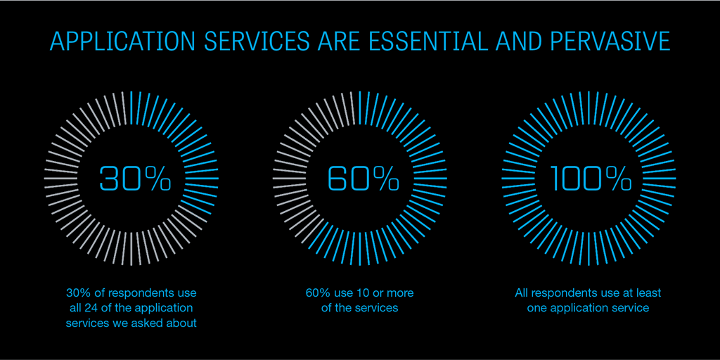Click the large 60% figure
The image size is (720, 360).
364,179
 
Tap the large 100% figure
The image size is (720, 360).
591,179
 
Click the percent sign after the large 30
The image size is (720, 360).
156,179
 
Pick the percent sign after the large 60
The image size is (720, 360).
385,179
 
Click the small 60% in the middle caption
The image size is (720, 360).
319,292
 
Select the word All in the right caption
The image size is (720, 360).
522,292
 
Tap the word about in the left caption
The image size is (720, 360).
182,323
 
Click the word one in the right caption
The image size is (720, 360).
537,308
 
